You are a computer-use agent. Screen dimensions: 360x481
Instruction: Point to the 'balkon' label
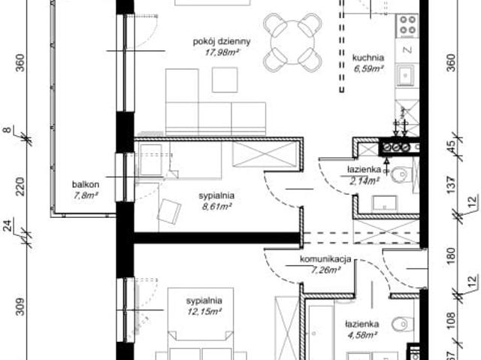point(86,184)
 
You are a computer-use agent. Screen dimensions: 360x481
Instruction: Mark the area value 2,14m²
point(363,180)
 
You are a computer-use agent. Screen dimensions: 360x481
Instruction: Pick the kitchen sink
point(407,75)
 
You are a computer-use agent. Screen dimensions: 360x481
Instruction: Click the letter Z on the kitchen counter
point(407,50)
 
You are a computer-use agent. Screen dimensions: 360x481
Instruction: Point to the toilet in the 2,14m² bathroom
point(401,174)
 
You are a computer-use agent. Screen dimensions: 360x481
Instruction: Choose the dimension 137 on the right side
point(451,183)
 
